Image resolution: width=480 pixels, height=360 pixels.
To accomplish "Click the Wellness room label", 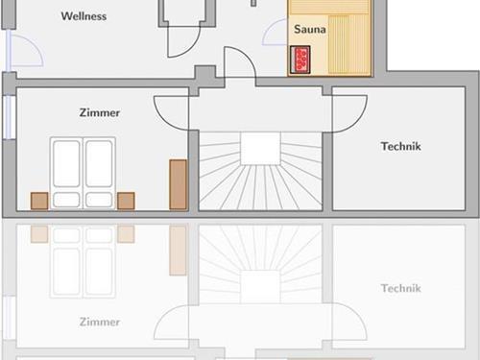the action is pyautogui.click(x=84, y=16).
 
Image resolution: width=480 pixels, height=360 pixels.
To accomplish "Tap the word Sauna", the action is pyautogui.click(x=310, y=29).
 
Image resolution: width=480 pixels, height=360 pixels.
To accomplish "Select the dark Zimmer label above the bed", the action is pyautogui.click(x=100, y=112).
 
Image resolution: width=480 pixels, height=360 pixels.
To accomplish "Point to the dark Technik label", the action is pyautogui.click(x=401, y=146).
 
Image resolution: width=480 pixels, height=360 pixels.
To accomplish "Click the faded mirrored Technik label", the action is pyautogui.click(x=401, y=288).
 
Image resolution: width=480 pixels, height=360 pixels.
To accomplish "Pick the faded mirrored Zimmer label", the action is pyautogui.click(x=100, y=322).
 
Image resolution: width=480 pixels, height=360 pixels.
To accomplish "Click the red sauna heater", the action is pyautogui.click(x=300, y=60).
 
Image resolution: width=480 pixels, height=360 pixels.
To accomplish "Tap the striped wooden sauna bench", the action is pyautogui.click(x=349, y=44).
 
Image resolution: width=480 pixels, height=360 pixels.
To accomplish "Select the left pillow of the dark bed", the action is pyautogui.click(x=66, y=200).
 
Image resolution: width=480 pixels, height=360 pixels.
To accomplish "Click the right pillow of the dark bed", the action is pyautogui.click(x=99, y=200).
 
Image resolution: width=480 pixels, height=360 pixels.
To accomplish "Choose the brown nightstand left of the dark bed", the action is pyautogui.click(x=39, y=201).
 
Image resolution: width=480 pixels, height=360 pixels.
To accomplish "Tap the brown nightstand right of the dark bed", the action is pyautogui.click(x=126, y=201).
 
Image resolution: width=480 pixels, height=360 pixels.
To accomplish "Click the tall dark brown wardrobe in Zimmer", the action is pyautogui.click(x=178, y=184).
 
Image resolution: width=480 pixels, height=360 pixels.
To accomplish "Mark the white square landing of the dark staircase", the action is pyautogui.click(x=260, y=149).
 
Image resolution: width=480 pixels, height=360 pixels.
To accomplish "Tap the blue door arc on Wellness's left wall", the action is pyautogui.click(x=36, y=44).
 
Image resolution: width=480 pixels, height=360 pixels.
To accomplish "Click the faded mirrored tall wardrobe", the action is pyautogui.click(x=178, y=251).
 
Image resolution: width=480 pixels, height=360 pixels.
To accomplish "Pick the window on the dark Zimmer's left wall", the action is pyautogui.click(x=9, y=117).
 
